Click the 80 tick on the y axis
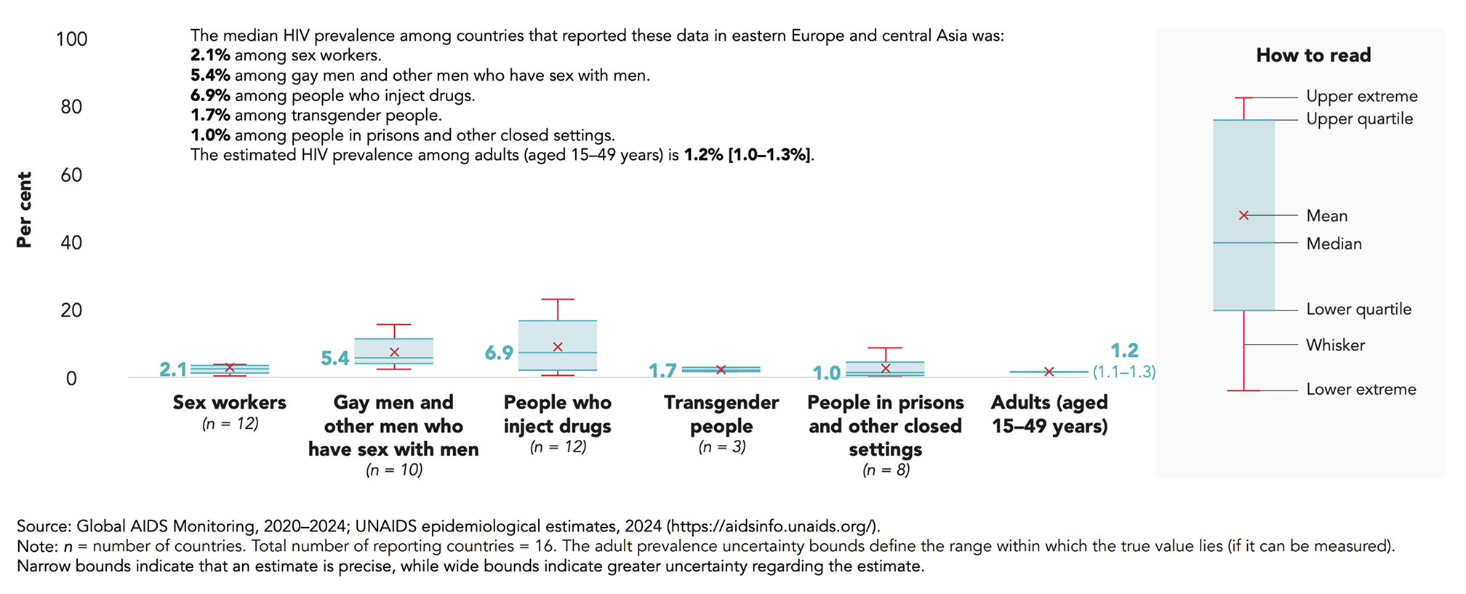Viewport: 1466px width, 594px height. tap(71, 107)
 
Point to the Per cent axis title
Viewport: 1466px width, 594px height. tap(24, 210)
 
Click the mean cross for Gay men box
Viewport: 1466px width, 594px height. tap(394, 352)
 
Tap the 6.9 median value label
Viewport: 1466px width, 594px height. tap(499, 353)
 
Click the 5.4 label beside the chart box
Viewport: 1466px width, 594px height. tap(335, 358)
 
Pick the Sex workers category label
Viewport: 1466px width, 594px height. tap(230, 402)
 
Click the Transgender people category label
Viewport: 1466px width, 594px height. tap(721, 414)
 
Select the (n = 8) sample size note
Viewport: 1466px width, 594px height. tap(886, 470)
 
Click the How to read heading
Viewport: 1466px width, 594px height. tap(1313, 55)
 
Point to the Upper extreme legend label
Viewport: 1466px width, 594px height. tap(1361, 96)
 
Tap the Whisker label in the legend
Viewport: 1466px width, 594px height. tap(1335, 345)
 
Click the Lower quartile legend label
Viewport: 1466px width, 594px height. tap(1358, 309)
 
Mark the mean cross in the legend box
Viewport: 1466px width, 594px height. tap(1243, 215)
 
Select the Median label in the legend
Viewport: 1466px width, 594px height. tap(1334, 244)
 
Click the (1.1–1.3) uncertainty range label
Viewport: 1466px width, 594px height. tap(1124, 372)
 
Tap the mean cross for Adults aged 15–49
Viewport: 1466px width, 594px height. tap(1049, 372)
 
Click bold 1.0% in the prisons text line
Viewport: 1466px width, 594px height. tap(210, 135)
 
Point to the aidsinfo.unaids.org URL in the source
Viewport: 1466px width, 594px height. tap(772, 526)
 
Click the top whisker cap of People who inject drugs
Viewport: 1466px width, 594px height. tap(558, 299)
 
